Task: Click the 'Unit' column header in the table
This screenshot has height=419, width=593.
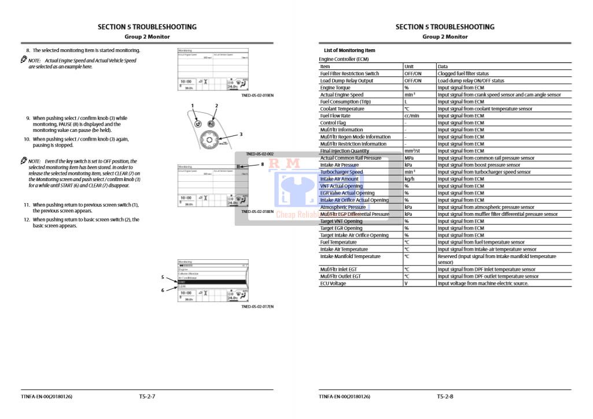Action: (409, 67)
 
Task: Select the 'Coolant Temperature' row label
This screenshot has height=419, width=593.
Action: (342, 109)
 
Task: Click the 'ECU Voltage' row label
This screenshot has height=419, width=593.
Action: (333, 284)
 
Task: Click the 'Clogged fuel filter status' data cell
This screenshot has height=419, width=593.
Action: (463, 73)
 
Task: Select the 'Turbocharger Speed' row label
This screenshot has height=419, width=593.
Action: (341, 172)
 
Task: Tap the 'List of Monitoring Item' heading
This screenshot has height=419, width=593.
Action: (349, 51)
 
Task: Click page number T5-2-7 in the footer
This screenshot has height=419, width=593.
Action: (147, 396)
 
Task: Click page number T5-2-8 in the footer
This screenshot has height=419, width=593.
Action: (445, 396)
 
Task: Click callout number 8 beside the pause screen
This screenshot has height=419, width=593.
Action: (262, 164)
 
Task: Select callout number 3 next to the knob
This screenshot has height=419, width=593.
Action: (241, 134)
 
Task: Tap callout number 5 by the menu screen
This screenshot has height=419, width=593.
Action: (163, 277)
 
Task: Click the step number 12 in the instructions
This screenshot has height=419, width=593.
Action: (27, 220)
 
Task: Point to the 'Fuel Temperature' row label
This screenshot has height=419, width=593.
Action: (339, 242)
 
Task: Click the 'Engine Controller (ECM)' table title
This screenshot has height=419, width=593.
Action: (344, 59)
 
